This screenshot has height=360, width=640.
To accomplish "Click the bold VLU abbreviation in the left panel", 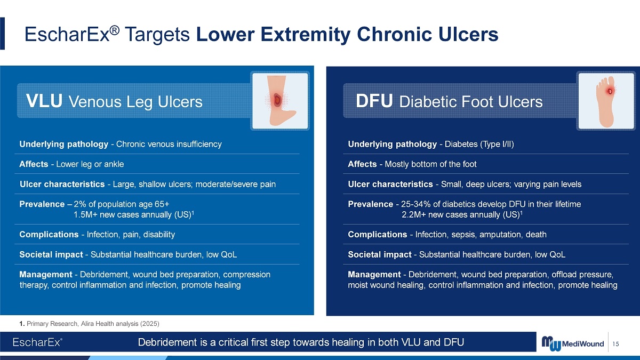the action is (x=44, y=101).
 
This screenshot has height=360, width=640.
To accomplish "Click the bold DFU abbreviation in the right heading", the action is (x=374, y=101).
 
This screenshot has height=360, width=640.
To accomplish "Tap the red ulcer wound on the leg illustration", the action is (x=277, y=100).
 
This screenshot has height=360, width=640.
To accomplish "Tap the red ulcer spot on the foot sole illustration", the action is (x=610, y=91).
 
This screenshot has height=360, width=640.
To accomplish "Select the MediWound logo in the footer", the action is (x=573, y=343).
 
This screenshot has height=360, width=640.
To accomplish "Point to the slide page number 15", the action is (x=615, y=343).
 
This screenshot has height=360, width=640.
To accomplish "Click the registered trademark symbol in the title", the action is (x=115, y=30).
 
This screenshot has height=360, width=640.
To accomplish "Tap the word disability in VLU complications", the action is (x=159, y=234).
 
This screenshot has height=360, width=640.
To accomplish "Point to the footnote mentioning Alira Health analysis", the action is (x=90, y=324).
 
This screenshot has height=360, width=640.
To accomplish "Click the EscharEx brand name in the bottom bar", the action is (x=37, y=342).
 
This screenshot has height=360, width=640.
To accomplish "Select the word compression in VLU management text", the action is (x=246, y=275).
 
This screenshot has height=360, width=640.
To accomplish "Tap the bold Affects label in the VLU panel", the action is (x=34, y=164).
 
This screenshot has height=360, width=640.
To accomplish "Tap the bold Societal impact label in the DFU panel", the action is (x=379, y=254).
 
